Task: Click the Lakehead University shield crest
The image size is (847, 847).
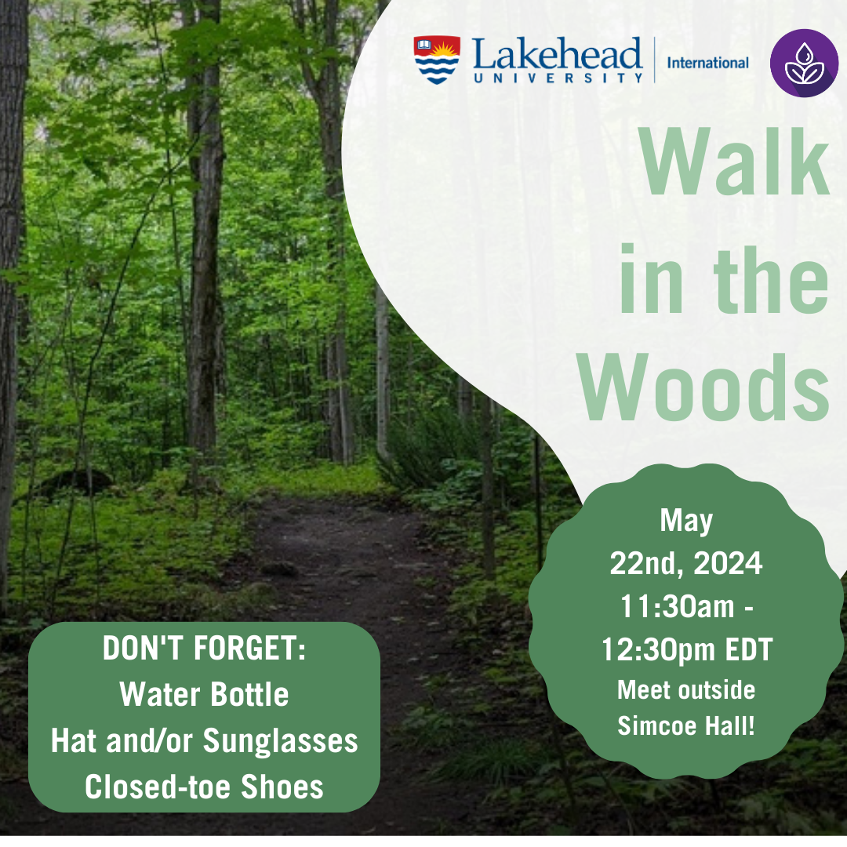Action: pyautogui.click(x=437, y=60)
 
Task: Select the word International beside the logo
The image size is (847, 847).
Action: pyautogui.click(x=707, y=64)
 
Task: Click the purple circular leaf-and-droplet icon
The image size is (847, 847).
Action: pyautogui.click(x=804, y=64)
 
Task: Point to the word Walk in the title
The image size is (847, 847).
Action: pyautogui.click(x=734, y=162)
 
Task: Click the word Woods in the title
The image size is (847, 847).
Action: pyautogui.click(x=703, y=387)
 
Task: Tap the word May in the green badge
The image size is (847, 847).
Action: pyautogui.click(x=686, y=522)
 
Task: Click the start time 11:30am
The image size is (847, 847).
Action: pyautogui.click(x=678, y=606)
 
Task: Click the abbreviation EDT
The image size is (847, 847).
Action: pyautogui.click(x=749, y=649)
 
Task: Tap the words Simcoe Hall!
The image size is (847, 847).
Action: pyautogui.click(x=686, y=725)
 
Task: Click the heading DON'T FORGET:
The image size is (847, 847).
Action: pyautogui.click(x=204, y=648)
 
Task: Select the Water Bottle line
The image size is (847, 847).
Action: pyautogui.click(x=204, y=694)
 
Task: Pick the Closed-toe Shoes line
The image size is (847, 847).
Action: pyautogui.click(x=204, y=787)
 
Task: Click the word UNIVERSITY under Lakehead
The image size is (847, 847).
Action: pyautogui.click(x=558, y=78)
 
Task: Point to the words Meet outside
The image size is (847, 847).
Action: pyautogui.click(x=686, y=690)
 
